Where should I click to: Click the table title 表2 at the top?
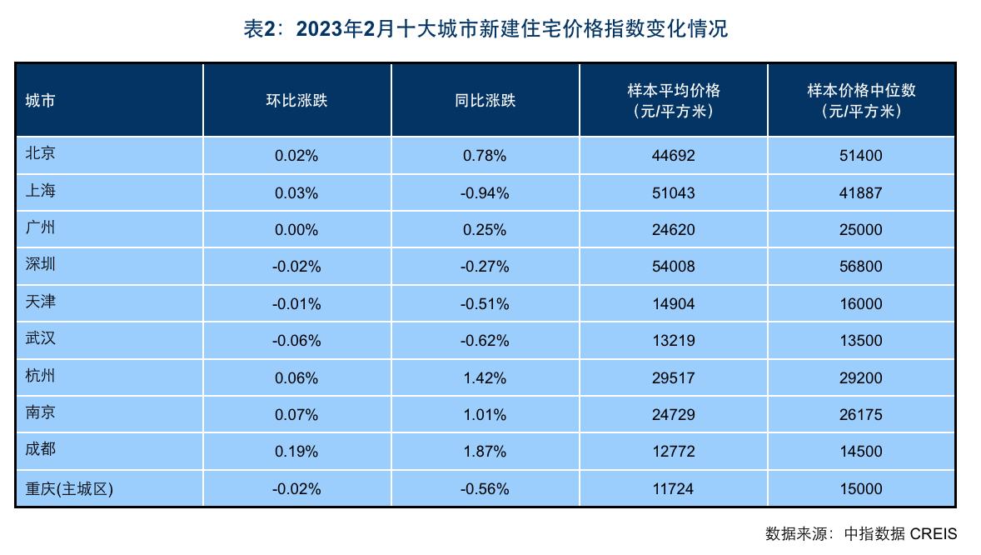[x=485, y=28]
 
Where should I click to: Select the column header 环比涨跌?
[x=296, y=101]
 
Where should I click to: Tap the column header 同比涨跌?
[x=485, y=101]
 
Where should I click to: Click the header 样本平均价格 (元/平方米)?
[x=673, y=100]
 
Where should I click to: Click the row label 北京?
[x=41, y=154]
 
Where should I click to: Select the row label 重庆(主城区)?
[x=69, y=489]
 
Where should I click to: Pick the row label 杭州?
[x=41, y=377]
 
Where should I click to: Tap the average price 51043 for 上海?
[x=673, y=192]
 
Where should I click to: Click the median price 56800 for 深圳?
[x=861, y=267]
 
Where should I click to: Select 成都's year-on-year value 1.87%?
[x=485, y=452]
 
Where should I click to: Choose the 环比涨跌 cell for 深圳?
[x=296, y=267]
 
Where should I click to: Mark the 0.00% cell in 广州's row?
[x=296, y=230]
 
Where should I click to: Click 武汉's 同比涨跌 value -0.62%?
[x=485, y=341]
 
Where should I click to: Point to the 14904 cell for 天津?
[x=673, y=303]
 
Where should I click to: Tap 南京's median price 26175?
[x=861, y=415]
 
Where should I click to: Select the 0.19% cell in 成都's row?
[x=296, y=452]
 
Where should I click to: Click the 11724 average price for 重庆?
[x=673, y=489]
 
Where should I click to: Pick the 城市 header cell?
[x=41, y=101]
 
